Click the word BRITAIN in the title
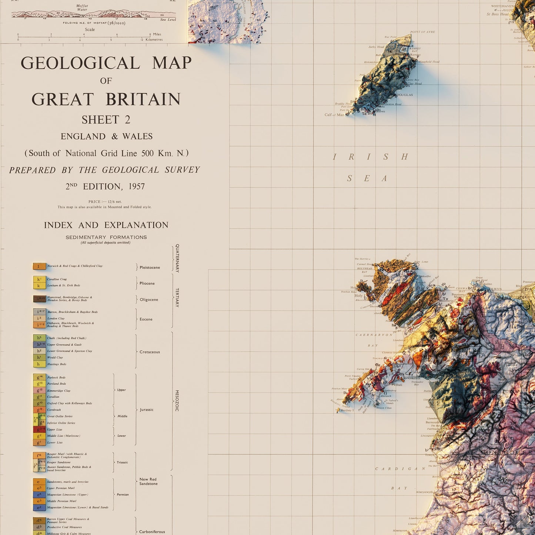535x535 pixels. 143,100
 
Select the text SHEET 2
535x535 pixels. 106,120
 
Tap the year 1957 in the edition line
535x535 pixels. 137,187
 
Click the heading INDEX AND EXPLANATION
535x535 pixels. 106,225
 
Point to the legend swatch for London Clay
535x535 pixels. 40,318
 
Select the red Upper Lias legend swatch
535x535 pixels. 40,429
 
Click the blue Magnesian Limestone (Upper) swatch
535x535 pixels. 40,495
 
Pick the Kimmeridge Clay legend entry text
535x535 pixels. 58,391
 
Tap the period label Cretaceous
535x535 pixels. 150,352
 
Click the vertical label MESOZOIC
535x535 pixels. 177,401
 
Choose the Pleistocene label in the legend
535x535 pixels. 150,267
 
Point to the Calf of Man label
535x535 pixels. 334,115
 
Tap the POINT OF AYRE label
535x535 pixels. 422,32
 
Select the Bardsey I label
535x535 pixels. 347,410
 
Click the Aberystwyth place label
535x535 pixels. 424,492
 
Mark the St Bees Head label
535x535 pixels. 498,14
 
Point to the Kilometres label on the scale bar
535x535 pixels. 154,40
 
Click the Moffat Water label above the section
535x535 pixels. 82,8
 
